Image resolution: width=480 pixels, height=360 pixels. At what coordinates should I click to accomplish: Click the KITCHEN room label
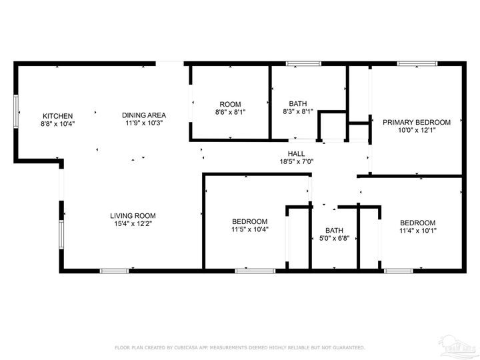point(58,115)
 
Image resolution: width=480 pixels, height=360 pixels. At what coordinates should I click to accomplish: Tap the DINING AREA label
point(143,115)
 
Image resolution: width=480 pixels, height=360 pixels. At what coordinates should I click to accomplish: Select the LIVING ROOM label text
point(133,215)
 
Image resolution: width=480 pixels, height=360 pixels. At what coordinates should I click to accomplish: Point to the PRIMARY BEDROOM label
point(416,122)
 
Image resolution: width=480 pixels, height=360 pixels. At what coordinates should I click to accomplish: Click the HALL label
point(297,153)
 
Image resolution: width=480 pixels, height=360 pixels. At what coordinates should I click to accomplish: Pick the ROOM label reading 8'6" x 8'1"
point(230,104)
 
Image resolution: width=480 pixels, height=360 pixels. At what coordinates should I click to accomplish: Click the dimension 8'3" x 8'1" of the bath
point(297,112)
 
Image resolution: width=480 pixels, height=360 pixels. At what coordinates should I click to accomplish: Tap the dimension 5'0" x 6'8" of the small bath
point(334,238)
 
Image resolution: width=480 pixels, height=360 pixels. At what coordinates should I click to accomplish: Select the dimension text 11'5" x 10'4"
point(249,230)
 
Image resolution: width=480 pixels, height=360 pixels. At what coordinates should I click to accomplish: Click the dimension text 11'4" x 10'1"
point(417,231)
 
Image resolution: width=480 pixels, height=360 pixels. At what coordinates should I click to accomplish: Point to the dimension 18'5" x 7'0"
point(297,161)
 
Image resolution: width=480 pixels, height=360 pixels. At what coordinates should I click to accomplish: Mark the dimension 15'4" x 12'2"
point(133,223)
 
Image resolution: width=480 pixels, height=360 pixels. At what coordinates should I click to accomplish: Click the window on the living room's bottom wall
point(114,271)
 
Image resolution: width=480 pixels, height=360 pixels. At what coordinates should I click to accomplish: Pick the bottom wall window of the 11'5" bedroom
point(255,271)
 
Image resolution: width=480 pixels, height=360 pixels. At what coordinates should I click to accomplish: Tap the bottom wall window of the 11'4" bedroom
point(398,271)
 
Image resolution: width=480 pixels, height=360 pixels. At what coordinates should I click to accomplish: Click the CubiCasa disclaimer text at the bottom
point(240,347)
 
